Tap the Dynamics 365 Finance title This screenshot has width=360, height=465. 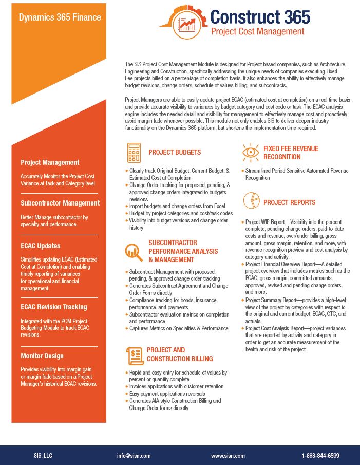point(60,17)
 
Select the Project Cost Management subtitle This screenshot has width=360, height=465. point(257,31)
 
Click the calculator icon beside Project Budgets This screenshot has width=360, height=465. point(134,153)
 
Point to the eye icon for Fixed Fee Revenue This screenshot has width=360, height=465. point(250,152)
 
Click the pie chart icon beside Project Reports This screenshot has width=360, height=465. point(250,200)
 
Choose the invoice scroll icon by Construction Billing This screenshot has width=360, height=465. point(135,355)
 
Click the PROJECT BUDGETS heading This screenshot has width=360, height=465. point(175,153)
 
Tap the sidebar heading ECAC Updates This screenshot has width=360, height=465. point(41,246)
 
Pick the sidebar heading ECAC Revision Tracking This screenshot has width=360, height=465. point(54,307)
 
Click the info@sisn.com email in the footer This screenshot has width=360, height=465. point(134,456)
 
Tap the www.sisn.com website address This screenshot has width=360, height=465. point(228,456)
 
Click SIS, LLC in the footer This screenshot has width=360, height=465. point(43,456)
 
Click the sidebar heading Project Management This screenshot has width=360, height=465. point(50,162)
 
